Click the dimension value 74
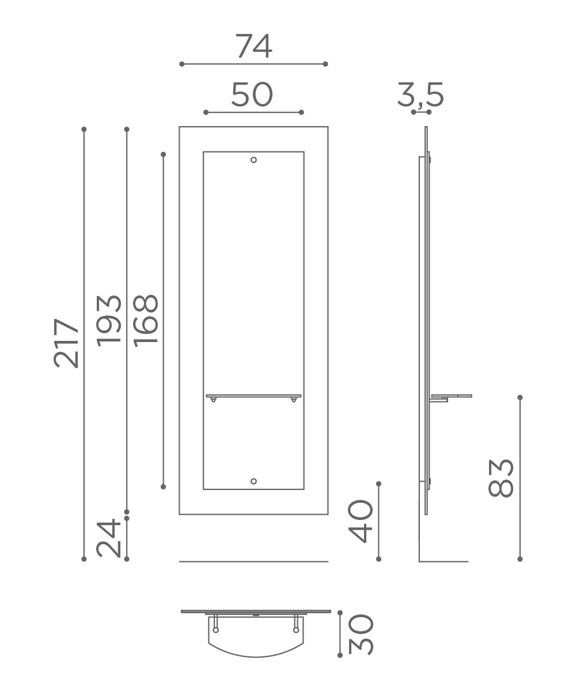point(253,46)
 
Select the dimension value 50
point(252,94)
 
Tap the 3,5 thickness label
point(420,96)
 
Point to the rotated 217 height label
point(66,343)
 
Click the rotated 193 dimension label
point(109,321)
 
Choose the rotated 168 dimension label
point(146,321)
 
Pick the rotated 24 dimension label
point(109,538)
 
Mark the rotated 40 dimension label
point(361,521)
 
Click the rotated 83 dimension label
point(501,478)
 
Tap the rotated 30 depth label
point(361,635)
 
